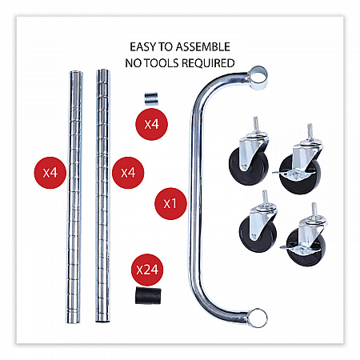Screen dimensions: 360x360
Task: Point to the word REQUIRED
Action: click(x=208, y=63)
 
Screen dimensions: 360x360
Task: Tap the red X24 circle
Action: click(x=147, y=270)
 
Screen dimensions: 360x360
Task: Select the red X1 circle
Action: click(x=170, y=204)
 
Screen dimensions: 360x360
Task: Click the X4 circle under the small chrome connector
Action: click(x=151, y=124)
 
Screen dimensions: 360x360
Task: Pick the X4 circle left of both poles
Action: click(x=50, y=173)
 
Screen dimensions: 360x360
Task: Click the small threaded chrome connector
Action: click(x=151, y=98)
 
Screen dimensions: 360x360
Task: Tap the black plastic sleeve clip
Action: click(x=148, y=295)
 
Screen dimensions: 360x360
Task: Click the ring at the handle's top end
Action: click(x=258, y=78)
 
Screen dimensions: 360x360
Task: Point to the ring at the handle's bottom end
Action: click(x=257, y=318)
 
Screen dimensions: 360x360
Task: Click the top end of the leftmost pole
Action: click(x=76, y=73)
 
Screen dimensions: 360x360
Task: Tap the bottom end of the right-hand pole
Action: click(x=102, y=320)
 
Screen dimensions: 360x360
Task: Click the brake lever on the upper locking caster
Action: click(x=279, y=173)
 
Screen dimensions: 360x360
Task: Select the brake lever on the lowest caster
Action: click(x=286, y=247)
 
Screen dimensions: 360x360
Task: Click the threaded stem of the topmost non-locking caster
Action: click(x=255, y=124)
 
